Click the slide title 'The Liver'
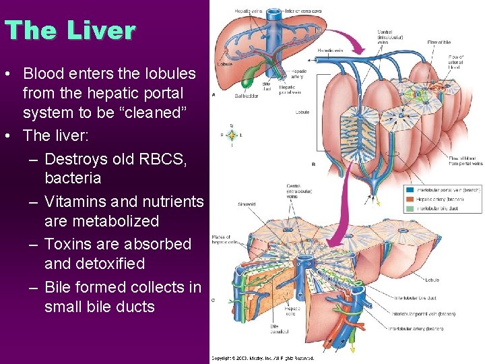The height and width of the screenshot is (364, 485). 69,30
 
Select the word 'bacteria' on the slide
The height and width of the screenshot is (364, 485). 73,178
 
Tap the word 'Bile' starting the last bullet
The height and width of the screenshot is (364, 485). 60,287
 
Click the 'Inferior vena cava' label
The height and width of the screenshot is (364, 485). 304,10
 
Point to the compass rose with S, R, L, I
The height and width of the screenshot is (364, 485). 232,135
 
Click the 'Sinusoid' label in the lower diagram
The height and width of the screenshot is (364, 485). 247,204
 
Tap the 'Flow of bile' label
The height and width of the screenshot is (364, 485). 439,42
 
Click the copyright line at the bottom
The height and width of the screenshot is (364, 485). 263,358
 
